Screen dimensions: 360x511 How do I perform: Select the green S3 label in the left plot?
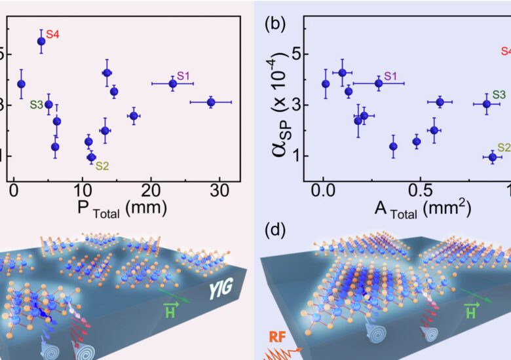(x=36, y=104)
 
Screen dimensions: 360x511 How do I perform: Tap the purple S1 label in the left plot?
(x=183, y=77)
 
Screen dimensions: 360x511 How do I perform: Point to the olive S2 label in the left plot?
(x=103, y=165)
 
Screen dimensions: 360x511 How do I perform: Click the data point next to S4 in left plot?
(x=41, y=41)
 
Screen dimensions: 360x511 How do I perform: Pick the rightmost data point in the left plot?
(x=211, y=102)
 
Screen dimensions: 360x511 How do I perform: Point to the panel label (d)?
(x=273, y=230)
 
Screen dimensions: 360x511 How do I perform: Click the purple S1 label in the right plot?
(x=391, y=77)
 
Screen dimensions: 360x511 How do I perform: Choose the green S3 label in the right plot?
(x=499, y=95)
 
